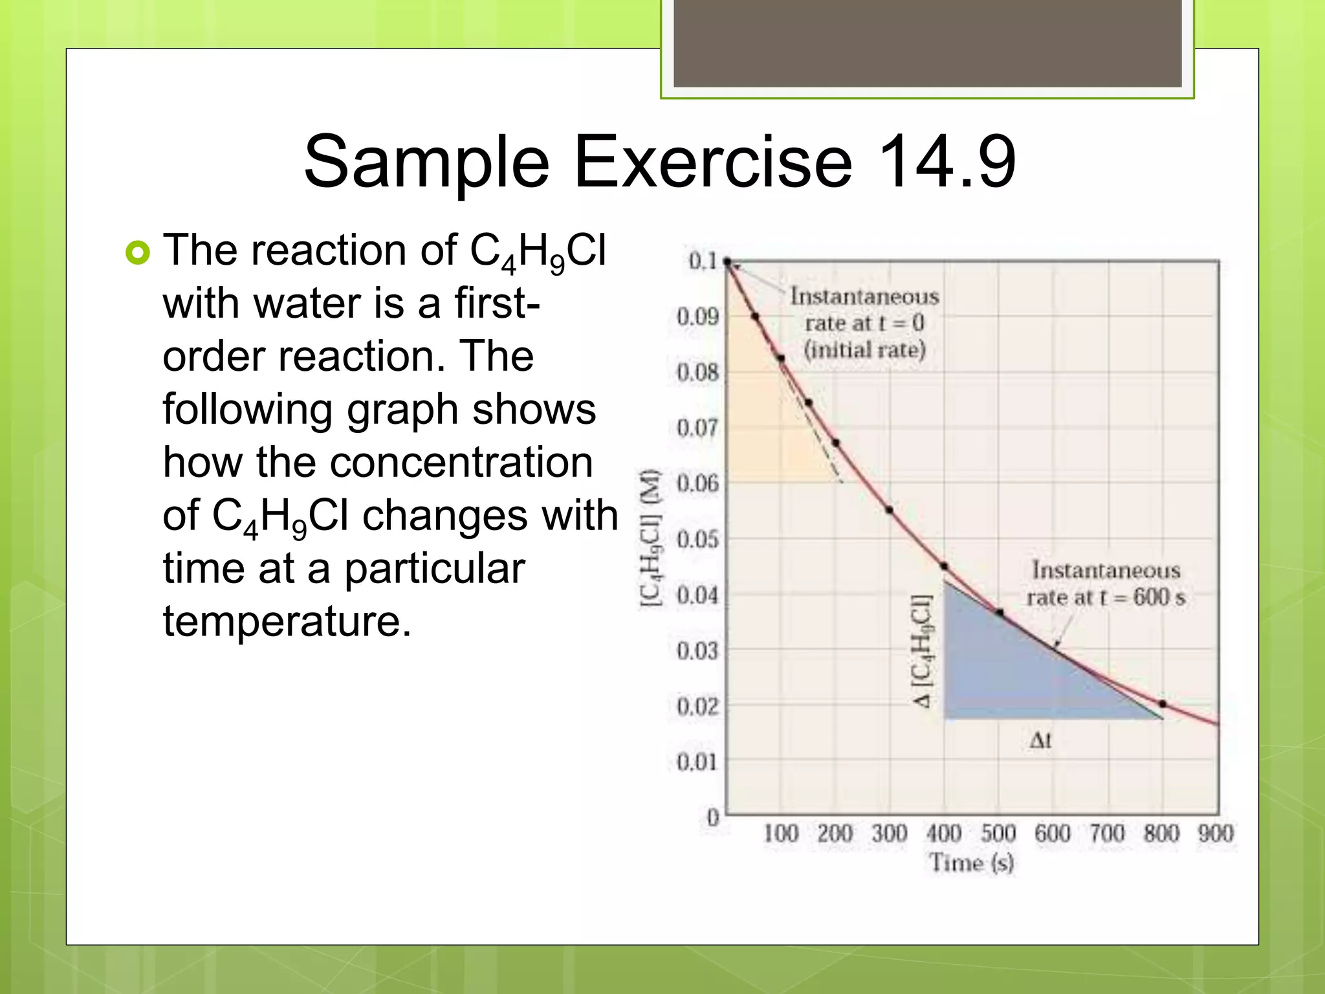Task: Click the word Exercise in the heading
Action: [712, 161]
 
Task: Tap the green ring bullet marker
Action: [137, 252]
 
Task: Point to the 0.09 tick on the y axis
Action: [697, 317]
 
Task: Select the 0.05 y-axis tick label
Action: [697, 539]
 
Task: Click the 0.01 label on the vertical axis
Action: [697, 762]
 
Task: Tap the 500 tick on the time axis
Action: [998, 834]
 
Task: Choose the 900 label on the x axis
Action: [1216, 834]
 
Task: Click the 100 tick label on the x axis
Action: [781, 834]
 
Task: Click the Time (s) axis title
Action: [972, 863]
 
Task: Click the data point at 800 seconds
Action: [1163, 703]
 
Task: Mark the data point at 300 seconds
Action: [890, 510]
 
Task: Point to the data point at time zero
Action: [727, 262]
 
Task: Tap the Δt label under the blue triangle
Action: [1040, 740]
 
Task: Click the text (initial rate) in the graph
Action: [864, 350]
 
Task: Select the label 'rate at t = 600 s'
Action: [1106, 597]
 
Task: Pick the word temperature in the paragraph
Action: [287, 622]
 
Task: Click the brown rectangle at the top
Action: [927, 43]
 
